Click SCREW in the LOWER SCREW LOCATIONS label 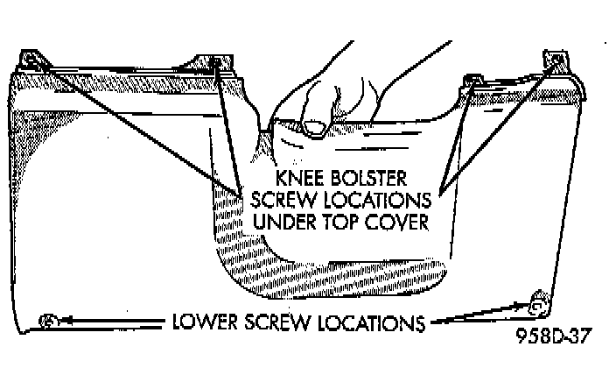click(275, 322)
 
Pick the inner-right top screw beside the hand click(473, 81)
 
